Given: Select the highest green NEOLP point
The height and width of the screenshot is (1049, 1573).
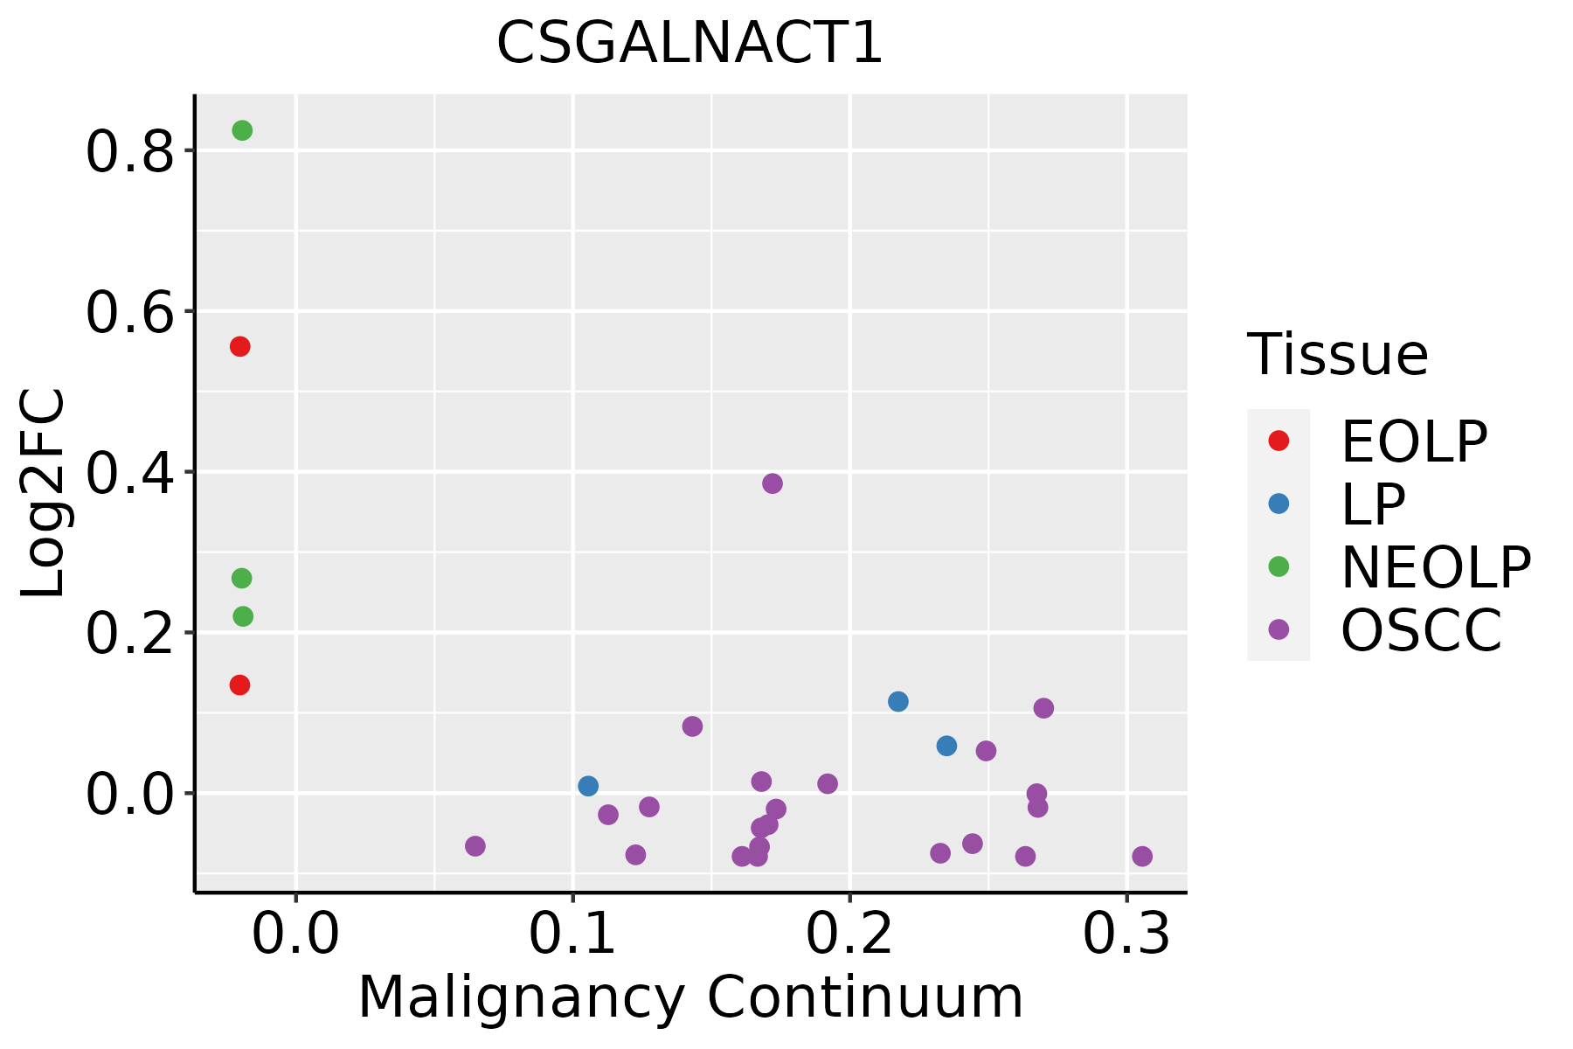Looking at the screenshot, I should pyautogui.click(x=242, y=130).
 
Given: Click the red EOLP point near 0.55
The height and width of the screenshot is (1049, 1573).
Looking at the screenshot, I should pyautogui.click(x=239, y=347).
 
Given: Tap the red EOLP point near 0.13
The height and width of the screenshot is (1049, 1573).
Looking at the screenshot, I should pyautogui.click(x=239, y=684).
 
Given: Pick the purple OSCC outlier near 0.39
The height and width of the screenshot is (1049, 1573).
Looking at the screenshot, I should pyautogui.click(x=772, y=483).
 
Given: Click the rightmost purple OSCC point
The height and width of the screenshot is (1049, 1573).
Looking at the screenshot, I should pyautogui.click(x=1141, y=856).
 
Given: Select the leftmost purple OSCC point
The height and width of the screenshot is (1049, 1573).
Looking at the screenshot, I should pyautogui.click(x=475, y=845).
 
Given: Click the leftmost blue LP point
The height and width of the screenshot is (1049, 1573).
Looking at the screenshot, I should pyautogui.click(x=588, y=786).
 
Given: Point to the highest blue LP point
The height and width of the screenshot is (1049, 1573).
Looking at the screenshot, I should pyautogui.click(x=897, y=701).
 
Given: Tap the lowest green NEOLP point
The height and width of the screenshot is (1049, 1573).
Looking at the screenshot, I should pyautogui.click(x=243, y=616).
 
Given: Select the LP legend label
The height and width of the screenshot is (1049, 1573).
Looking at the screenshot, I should pyautogui.click(x=1373, y=504).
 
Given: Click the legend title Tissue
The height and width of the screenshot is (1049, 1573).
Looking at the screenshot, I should pyautogui.click(x=1337, y=355).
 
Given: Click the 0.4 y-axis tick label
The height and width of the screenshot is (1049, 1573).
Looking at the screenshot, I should pyautogui.click(x=128, y=473).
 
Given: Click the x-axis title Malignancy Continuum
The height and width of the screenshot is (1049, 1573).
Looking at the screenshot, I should pyautogui.click(x=690, y=997).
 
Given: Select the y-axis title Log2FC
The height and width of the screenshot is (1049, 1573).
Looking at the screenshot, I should pyautogui.click(x=44, y=493).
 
